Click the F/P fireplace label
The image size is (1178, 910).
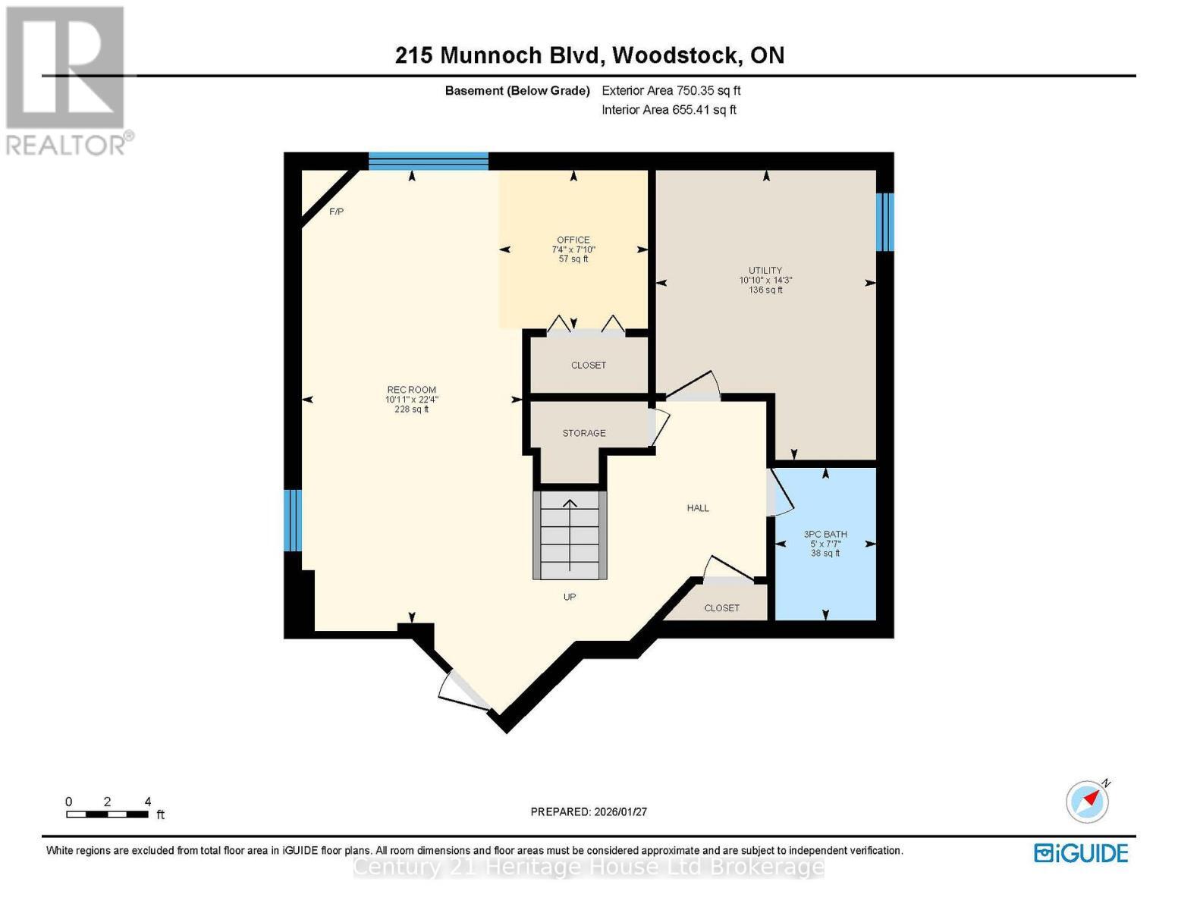[336, 212]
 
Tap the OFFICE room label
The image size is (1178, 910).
[573, 240]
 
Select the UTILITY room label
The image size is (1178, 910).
[765, 271]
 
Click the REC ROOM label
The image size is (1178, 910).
[411, 390]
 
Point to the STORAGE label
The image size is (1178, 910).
[583, 433]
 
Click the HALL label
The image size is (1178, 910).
[698, 508]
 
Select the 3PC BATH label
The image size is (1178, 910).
[825, 535]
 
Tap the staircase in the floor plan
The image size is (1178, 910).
[570, 535]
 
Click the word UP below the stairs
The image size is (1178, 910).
[570, 597]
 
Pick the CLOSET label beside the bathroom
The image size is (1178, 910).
[721, 608]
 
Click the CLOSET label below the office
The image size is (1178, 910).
[589, 366]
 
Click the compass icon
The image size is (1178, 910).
[1087, 802]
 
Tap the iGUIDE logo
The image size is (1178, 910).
[1081, 853]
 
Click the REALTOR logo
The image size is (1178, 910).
[67, 80]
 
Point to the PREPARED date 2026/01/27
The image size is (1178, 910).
[589, 811]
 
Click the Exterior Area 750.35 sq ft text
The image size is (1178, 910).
[671, 90]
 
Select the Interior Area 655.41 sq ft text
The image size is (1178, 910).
[668, 110]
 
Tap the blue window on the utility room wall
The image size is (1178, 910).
[884, 221]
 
